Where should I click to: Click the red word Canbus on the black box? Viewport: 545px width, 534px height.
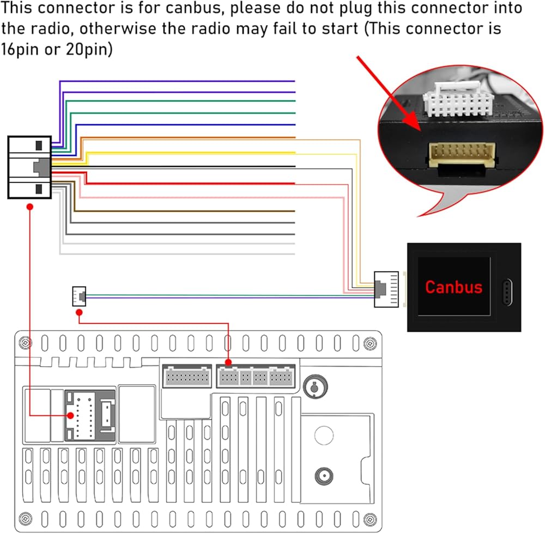[x=453, y=287]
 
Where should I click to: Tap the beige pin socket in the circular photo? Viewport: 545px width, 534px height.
[x=462, y=154]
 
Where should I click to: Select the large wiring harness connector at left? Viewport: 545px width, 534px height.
[x=29, y=167]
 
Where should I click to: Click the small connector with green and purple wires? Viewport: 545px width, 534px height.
[x=79, y=296]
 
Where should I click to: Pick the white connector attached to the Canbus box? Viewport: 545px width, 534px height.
[x=386, y=289]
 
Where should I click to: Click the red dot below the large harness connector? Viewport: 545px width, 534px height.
[x=30, y=207]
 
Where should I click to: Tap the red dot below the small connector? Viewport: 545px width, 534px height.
[x=79, y=313]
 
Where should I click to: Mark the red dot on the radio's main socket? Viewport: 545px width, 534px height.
[x=70, y=415]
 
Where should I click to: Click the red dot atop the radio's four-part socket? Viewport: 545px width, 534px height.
[x=228, y=363]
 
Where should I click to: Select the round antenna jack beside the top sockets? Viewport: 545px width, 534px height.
[x=315, y=386]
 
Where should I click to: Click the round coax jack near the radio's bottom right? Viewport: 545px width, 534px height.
[x=324, y=476]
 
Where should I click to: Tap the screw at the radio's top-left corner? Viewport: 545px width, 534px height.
[x=25, y=343]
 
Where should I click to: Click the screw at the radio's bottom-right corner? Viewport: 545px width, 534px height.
[x=370, y=519]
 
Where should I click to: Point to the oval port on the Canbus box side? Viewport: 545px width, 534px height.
[x=507, y=292]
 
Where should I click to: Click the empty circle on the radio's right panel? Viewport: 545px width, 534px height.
[x=324, y=435]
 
